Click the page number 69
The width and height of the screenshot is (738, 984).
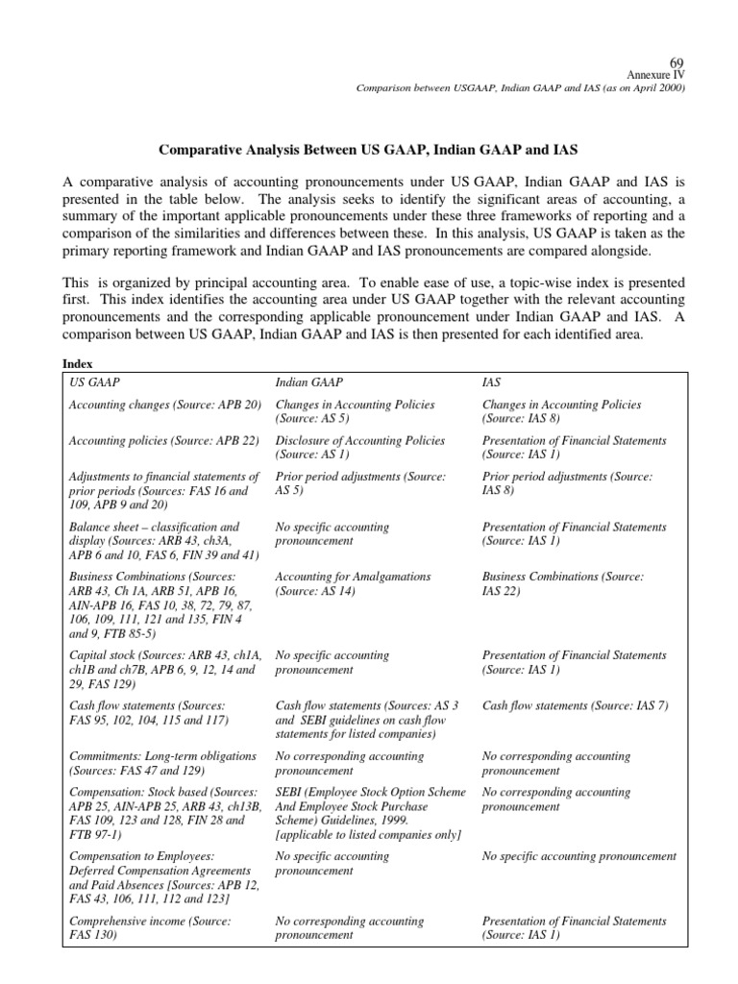tap(677, 61)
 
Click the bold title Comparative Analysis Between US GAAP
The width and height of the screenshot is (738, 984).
tap(367, 150)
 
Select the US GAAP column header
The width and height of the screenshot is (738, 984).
tap(94, 381)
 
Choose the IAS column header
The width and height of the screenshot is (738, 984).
tap(491, 381)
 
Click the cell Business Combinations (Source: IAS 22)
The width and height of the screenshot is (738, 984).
tap(563, 583)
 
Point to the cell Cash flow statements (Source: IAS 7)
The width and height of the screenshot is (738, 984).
tap(574, 705)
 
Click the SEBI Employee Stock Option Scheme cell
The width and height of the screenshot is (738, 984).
tap(370, 812)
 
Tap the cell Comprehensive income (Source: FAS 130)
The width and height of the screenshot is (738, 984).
tap(150, 927)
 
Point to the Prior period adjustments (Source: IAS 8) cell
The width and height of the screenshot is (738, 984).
tap(567, 483)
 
